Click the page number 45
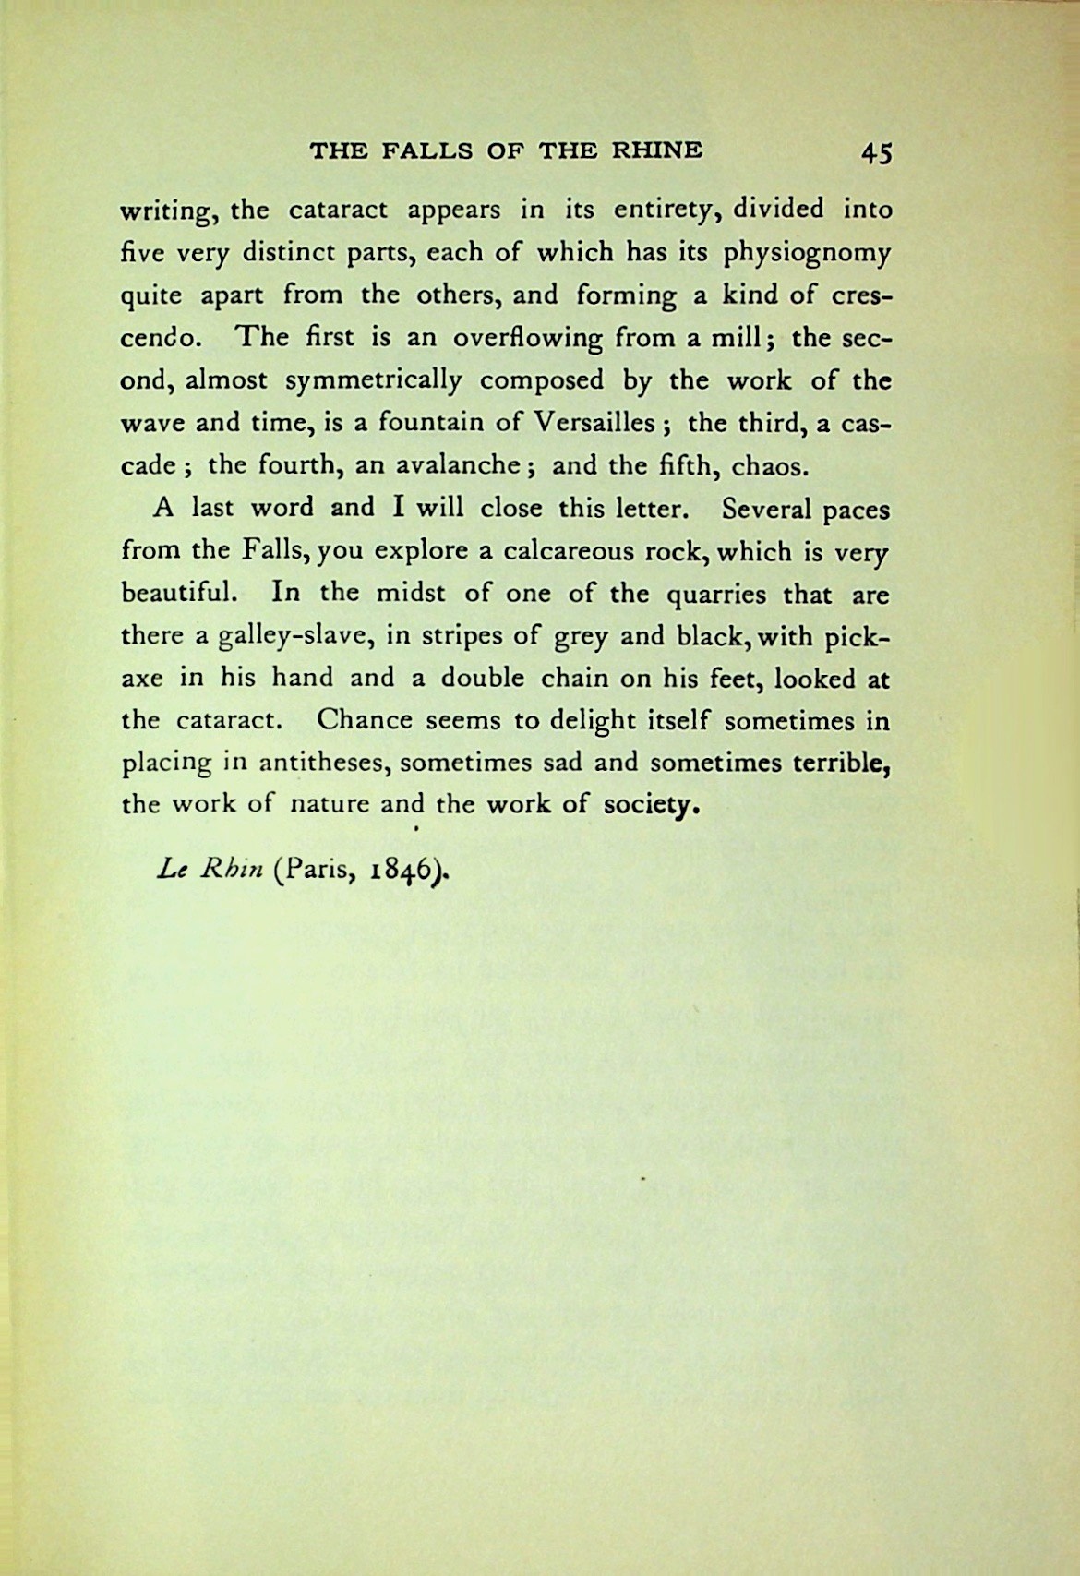875,152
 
